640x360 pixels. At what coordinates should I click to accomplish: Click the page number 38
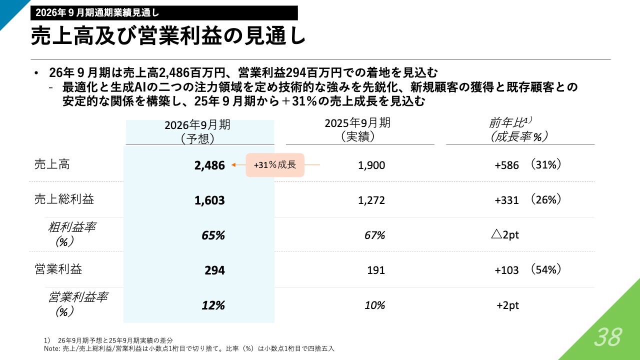608,338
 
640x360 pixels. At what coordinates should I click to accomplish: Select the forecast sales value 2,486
209,165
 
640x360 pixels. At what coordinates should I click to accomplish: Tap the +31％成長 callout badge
275,165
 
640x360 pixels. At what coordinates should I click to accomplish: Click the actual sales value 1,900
371,165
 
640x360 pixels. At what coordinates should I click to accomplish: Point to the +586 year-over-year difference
507,164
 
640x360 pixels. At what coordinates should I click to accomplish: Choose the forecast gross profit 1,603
209,200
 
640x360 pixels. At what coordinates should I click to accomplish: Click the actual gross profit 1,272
371,200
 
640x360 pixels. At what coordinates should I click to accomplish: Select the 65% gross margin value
213,235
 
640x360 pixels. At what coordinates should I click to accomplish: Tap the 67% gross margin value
374,235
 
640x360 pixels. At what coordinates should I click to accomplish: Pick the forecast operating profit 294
214,270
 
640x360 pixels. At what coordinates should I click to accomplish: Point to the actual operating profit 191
376,270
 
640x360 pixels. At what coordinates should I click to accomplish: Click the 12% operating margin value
213,305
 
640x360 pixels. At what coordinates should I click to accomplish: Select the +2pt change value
507,305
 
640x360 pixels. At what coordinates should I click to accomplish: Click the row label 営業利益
58,269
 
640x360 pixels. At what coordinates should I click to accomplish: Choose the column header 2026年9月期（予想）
197,131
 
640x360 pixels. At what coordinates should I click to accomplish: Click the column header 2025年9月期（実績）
357,129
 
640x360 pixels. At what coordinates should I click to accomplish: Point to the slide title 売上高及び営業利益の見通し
167,36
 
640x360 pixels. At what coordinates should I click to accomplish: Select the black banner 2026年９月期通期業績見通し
163,12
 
